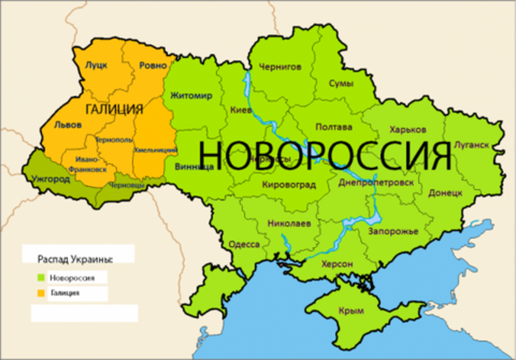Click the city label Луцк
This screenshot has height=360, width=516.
(96, 65)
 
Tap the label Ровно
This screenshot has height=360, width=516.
(153, 66)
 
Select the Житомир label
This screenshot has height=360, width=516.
(191, 95)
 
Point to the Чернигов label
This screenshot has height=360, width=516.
(280, 67)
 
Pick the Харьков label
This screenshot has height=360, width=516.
(408, 129)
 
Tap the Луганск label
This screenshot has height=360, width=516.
(471, 145)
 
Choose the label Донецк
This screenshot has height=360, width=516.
(445, 193)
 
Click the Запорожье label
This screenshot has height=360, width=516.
(393, 232)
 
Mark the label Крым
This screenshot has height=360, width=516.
(351, 311)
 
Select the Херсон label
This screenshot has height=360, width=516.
(337, 264)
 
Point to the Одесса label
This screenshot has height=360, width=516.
(244, 244)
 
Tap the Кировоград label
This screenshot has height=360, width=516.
(289, 185)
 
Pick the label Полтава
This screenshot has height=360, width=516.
(334, 127)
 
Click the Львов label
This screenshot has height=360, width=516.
(68, 125)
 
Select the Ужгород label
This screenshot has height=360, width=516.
(51, 179)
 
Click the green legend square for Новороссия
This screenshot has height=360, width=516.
(41, 278)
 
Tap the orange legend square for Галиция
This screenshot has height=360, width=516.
(41, 293)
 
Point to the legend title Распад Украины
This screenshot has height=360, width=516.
(76, 259)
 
